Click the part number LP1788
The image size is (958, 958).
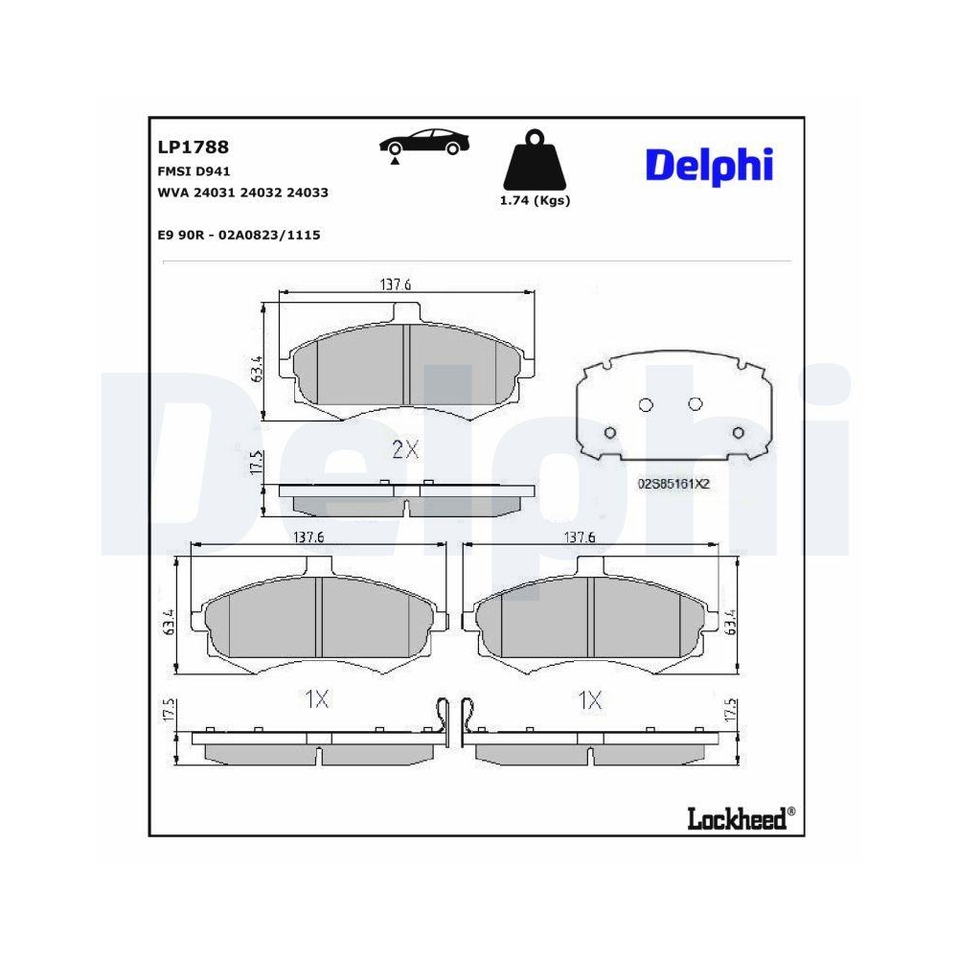(192, 148)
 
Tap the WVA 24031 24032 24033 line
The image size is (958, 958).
(242, 193)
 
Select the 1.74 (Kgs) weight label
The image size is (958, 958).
(535, 201)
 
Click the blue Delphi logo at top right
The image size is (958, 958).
(708, 165)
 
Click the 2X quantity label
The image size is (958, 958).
(405, 449)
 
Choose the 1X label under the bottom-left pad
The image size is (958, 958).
(316, 699)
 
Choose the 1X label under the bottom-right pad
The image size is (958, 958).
(591, 699)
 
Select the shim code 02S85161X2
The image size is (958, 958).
(673, 484)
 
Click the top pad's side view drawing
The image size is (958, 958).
(405, 499)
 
